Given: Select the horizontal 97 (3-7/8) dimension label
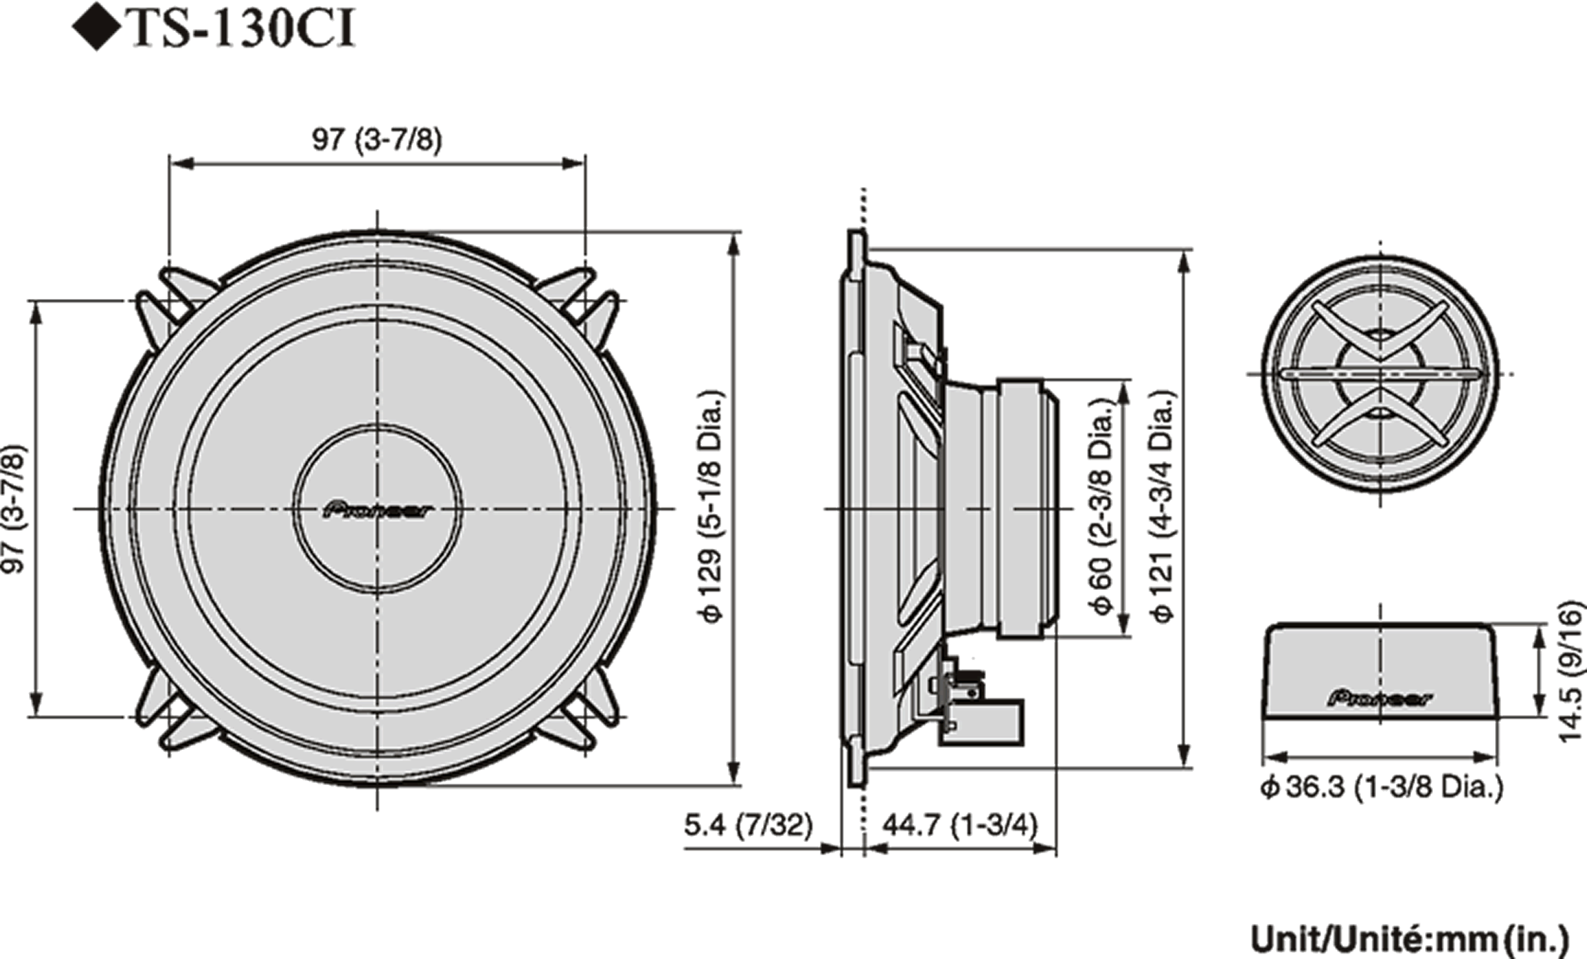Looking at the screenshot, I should [x=377, y=140].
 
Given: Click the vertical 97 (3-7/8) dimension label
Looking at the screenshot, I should [x=15, y=508].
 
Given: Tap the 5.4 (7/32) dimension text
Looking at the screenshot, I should [x=748, y=825].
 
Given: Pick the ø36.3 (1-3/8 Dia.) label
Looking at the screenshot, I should [x=1382, y=787].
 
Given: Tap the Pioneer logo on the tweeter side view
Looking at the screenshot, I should [x=1380, y=698].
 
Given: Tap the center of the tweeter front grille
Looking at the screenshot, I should [x=1380, y=374].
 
